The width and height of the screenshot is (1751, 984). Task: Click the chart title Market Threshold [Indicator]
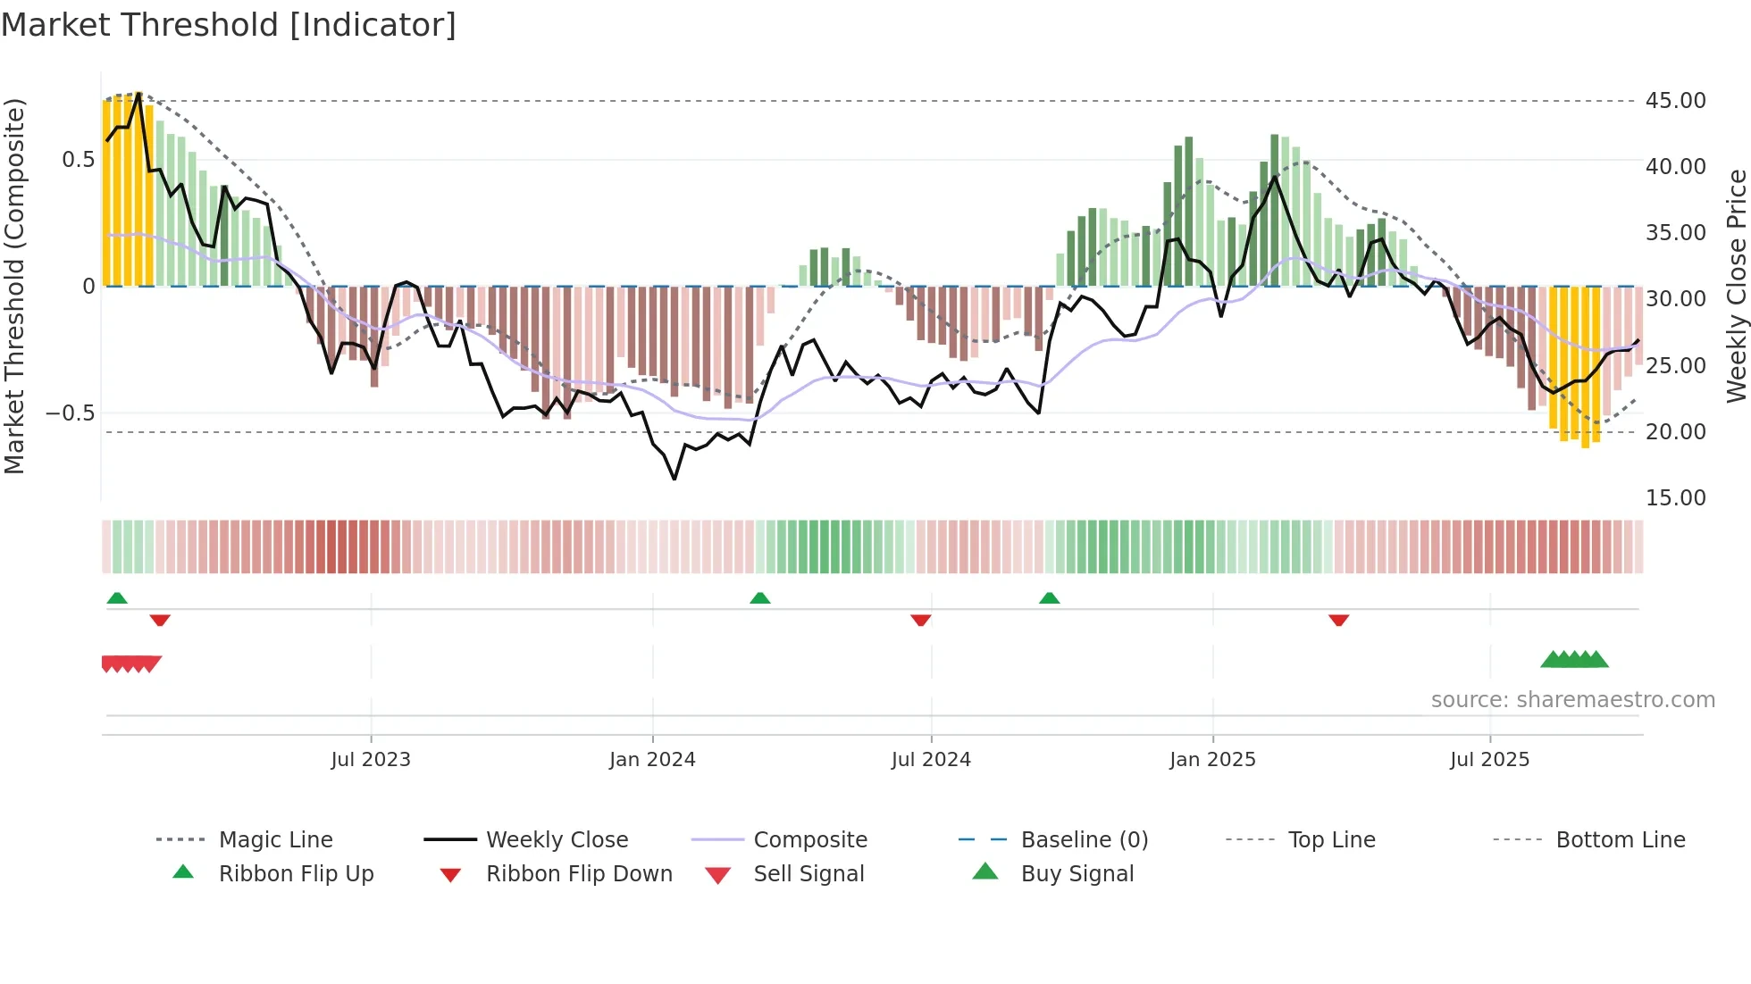point(229,25)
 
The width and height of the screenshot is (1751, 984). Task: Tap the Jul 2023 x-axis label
point(371,760)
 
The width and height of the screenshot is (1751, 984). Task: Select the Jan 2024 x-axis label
point(652,760)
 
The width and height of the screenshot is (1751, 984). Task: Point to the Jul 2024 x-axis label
point(931,760)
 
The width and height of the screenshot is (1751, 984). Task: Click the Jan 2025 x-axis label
point(1212,760)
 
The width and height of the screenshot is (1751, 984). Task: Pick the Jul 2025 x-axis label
point(1489,760)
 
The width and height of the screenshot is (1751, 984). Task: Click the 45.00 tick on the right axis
point(1676,101)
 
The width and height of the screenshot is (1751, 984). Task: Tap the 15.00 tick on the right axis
point(1676,498)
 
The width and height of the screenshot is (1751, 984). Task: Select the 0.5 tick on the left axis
point(78,160)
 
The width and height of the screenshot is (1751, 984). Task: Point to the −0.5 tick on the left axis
point(71,413)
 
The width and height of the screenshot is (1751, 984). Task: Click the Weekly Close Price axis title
point(1736,286)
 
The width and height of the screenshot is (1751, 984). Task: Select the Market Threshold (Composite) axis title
point(14,286)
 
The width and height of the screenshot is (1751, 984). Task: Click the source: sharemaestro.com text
point(1572,700)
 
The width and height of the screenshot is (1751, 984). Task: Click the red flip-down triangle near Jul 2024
point(921,620)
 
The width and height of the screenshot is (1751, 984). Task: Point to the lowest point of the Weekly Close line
point(674,479)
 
